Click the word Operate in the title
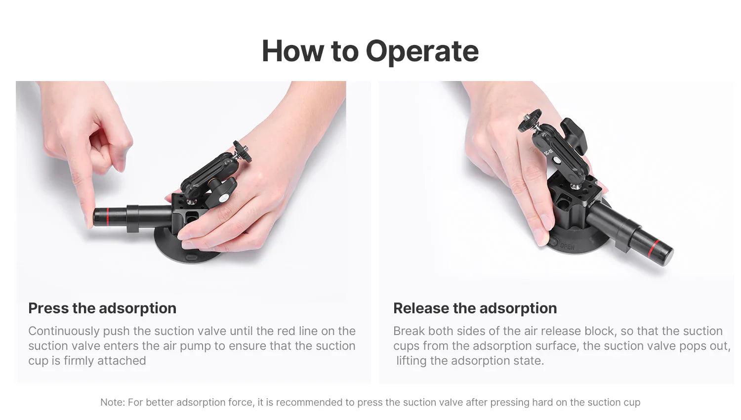click(422, 51)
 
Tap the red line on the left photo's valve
click(108, 216)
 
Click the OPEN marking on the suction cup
click(567, 246)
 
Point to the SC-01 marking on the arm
click(548, 152)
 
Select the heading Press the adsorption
click(102, 308)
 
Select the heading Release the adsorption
click(475, 308)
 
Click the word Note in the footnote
click(112, 402)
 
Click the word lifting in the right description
click(412, 361)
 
